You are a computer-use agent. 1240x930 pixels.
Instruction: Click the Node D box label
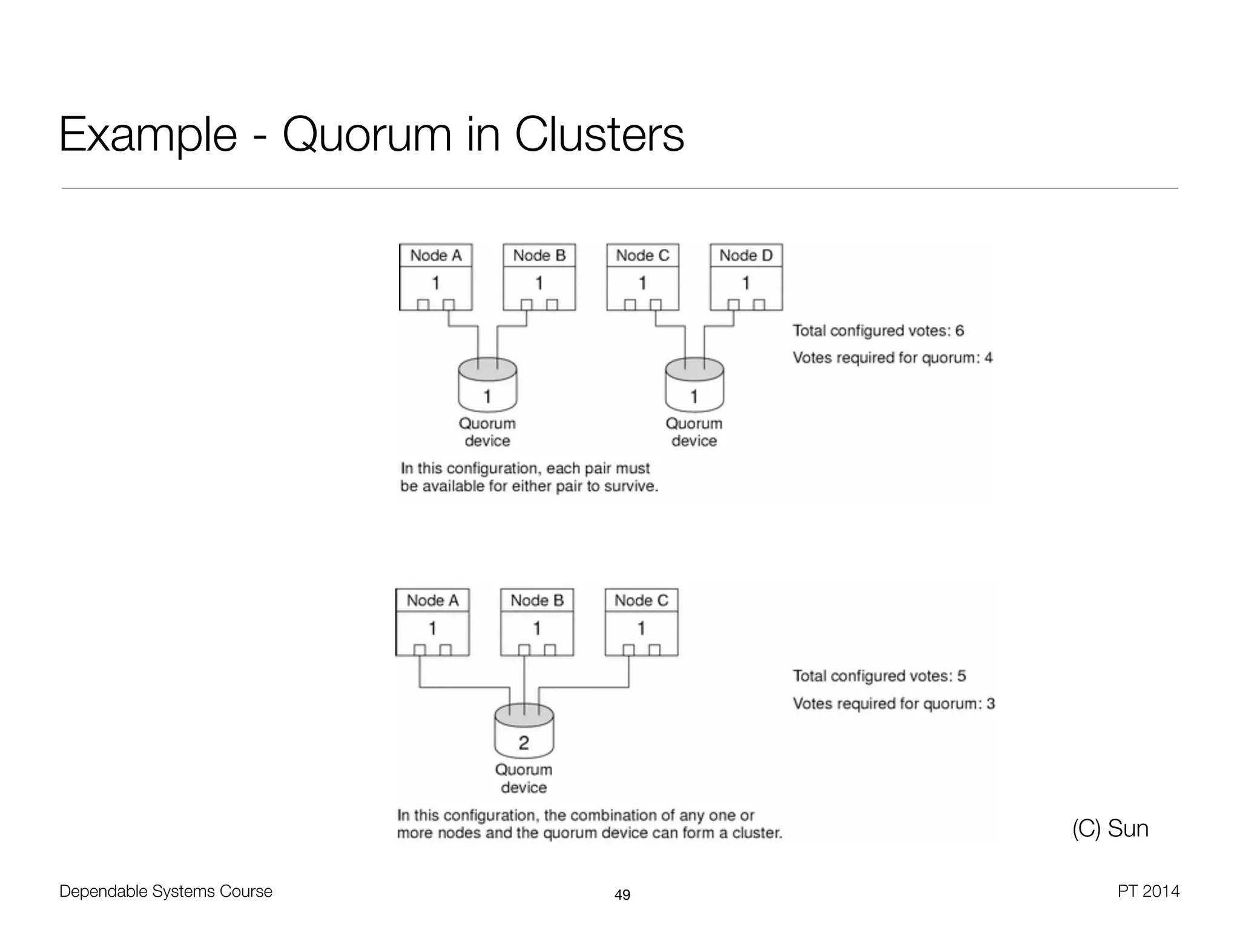point(746,256)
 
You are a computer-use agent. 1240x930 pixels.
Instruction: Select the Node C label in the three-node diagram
point(641,601)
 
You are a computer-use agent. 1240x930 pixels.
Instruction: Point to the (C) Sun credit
point(1110,828)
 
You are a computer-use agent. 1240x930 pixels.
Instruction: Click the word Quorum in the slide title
point(367,134)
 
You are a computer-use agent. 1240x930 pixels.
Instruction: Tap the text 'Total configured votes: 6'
point(878,331)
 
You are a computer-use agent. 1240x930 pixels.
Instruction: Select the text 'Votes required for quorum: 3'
point(894,704)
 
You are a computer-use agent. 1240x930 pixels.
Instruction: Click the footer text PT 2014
point(1148,891)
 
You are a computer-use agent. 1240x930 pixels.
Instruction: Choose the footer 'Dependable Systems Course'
point(166,891)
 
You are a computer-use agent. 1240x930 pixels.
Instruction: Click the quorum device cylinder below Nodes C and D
point(694,386)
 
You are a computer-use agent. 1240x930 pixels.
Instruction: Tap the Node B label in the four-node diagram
point(539,256)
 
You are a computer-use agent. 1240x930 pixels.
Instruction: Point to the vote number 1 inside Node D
point(746,283)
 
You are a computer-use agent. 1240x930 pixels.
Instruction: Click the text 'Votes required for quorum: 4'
point(892,358)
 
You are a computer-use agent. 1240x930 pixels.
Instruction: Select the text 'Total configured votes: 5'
point(879,676)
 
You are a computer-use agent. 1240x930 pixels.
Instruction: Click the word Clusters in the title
point(599,134)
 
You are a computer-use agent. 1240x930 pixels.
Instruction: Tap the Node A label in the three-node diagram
point(432,601)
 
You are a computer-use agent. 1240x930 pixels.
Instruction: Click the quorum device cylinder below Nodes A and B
point(487,386)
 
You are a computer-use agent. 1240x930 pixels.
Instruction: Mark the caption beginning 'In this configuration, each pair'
point(529,477)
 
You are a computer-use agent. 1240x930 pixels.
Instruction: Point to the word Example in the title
point(148,134)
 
